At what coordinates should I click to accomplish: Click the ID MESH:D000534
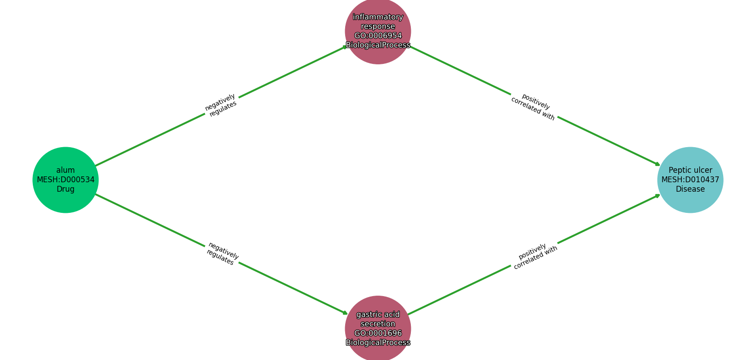click(66, 180)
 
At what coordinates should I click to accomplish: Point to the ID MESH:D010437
click(690, 180)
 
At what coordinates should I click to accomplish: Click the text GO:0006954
click(378, 36)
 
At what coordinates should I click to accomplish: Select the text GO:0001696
click(378, 333)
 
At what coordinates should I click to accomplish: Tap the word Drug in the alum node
click(66, 189)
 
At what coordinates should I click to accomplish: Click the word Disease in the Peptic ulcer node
click(690, 189)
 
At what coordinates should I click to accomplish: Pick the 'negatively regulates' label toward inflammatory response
click(221, 105)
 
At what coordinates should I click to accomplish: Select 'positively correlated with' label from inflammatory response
click(534, 107)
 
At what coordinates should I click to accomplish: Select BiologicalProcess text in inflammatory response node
click(378, 45)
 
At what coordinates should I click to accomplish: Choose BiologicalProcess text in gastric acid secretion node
click(378, 342)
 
